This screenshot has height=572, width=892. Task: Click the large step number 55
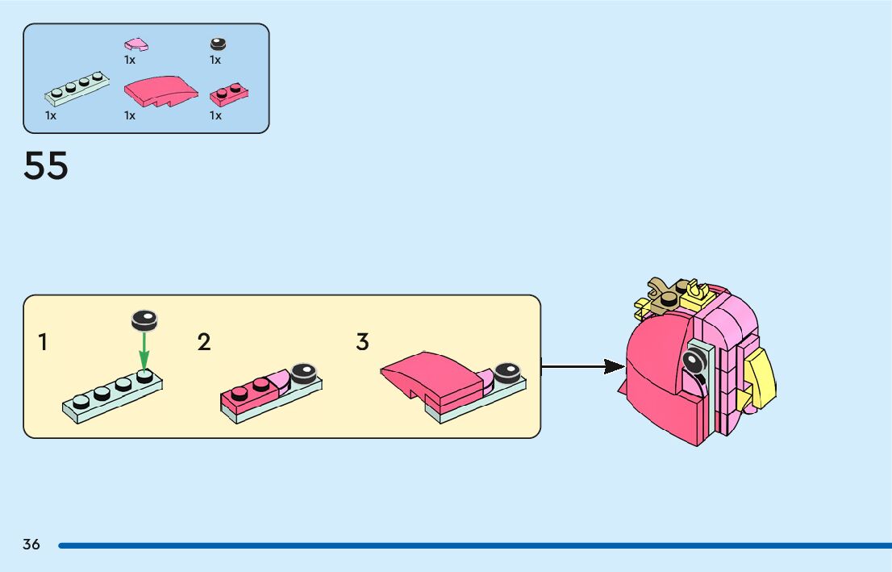[x=45, y=165]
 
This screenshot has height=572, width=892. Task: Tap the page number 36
[x=31, y=545]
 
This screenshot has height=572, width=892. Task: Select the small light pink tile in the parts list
[x=136, y=44]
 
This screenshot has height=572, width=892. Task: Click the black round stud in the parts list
[x=218, y=44]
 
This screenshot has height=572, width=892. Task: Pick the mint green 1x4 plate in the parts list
[x=77, y=89]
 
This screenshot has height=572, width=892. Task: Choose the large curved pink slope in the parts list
[x=161, y=91]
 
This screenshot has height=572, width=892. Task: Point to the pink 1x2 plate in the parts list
[x=229, y=94]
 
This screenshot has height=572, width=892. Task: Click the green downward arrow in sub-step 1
[x=144, y=351]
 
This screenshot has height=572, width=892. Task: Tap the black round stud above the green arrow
[x=144, y=320]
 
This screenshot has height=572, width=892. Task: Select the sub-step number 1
[x=43, y=342]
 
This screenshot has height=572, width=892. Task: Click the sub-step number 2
[x=204, y=342]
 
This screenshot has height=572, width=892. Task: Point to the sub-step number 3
[x=362, y=342]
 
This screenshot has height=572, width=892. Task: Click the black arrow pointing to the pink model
[x=582, y=366]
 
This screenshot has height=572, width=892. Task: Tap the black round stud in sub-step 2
[x=304, y=373]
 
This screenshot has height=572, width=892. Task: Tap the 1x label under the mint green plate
[x=51, y=115]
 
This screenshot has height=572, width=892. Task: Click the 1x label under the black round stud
[x=215, y=60]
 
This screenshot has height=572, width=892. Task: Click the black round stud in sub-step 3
[x=506, y=373]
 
